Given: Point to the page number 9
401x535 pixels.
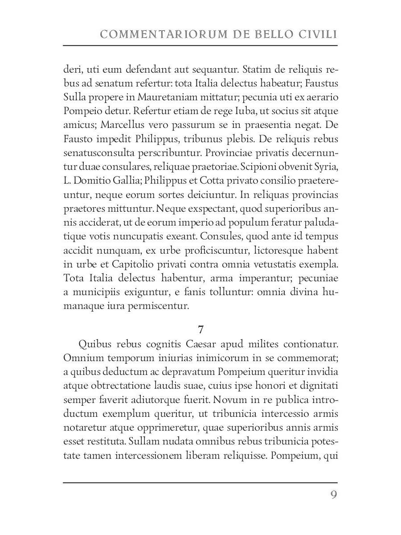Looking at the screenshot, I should coord(333,496).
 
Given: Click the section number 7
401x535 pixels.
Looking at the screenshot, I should coord(200,329).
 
